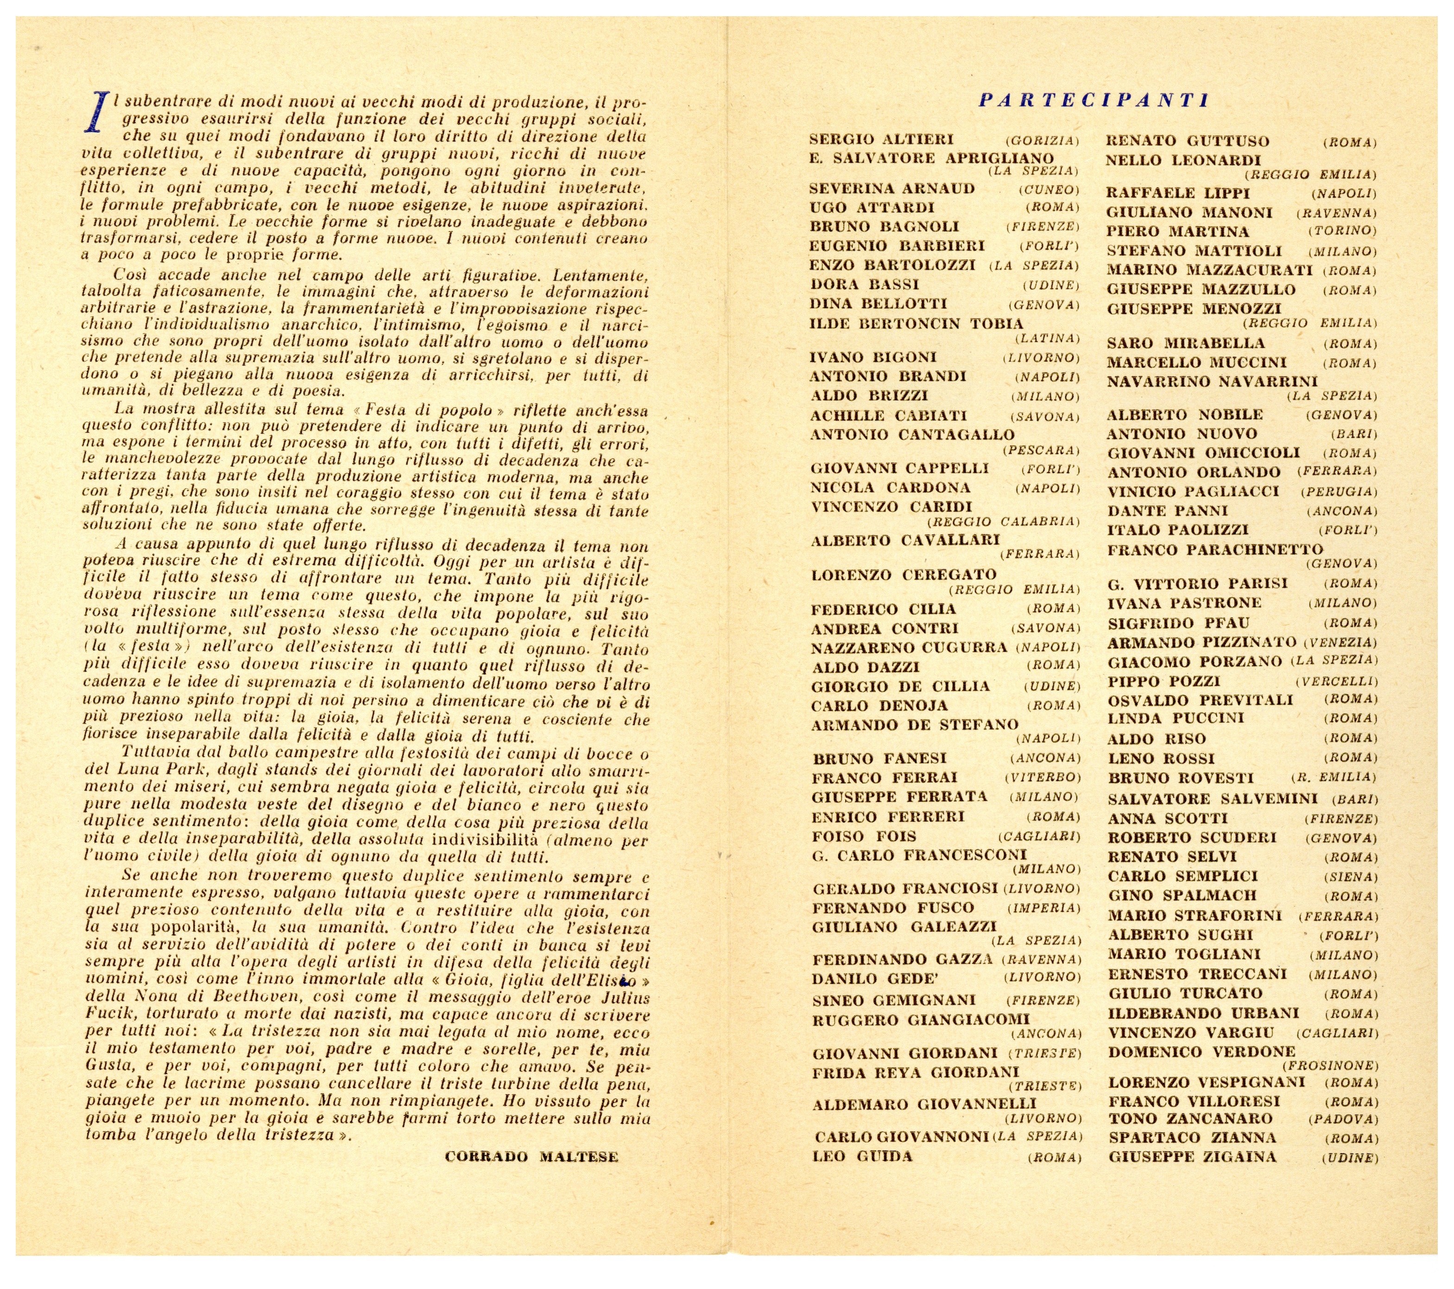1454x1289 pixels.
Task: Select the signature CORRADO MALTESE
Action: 531,1156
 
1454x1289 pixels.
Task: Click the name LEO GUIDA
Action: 862,1156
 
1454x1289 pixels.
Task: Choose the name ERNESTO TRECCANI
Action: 1197,974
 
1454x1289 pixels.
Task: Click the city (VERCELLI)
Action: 1337,681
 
